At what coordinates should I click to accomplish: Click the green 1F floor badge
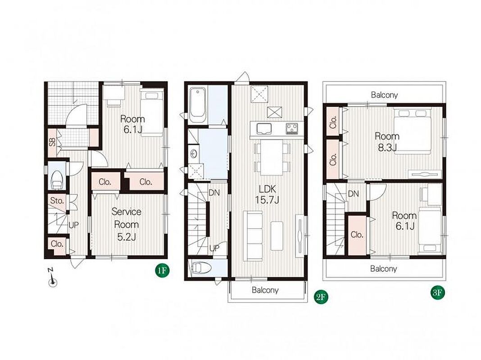162,270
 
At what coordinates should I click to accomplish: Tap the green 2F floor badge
321,297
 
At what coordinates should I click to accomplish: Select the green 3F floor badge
437,292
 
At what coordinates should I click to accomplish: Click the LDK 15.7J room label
268,194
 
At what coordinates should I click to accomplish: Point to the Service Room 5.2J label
127,224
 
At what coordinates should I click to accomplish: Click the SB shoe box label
52,142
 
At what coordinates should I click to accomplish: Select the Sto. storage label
57,201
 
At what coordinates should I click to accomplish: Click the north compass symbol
52,278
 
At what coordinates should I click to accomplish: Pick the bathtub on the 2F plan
198,105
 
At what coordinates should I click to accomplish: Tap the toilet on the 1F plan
57,179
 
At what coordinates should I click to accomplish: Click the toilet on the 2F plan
201,268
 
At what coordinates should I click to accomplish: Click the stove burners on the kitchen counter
292,128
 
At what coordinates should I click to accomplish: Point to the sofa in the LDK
253,236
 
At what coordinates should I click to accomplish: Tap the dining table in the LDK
272,157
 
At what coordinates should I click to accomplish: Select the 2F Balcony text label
265,290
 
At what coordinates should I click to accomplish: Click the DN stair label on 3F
354,193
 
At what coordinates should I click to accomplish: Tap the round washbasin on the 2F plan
193,153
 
